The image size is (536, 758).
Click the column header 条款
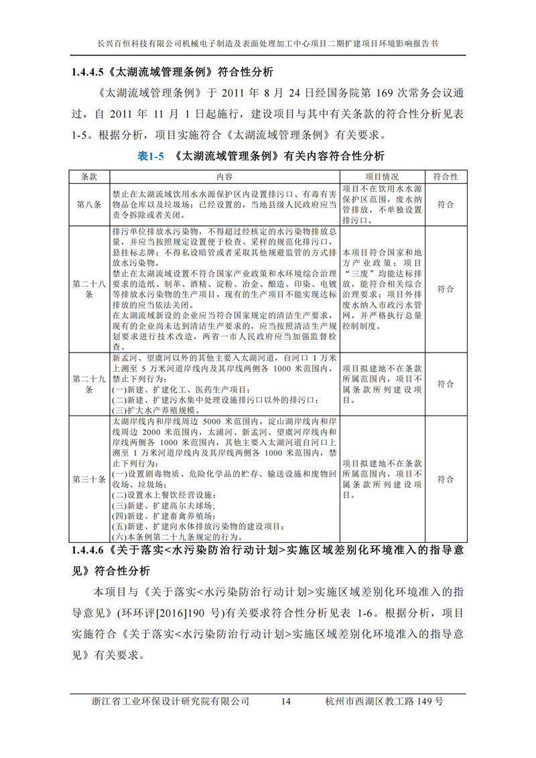(89, 177)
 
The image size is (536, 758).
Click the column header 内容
(223, 177)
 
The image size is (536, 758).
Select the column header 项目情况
(381, 177)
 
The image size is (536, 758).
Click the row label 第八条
(89, 204)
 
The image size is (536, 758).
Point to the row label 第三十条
(89, 479)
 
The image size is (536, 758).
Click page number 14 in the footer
(285, 701)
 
